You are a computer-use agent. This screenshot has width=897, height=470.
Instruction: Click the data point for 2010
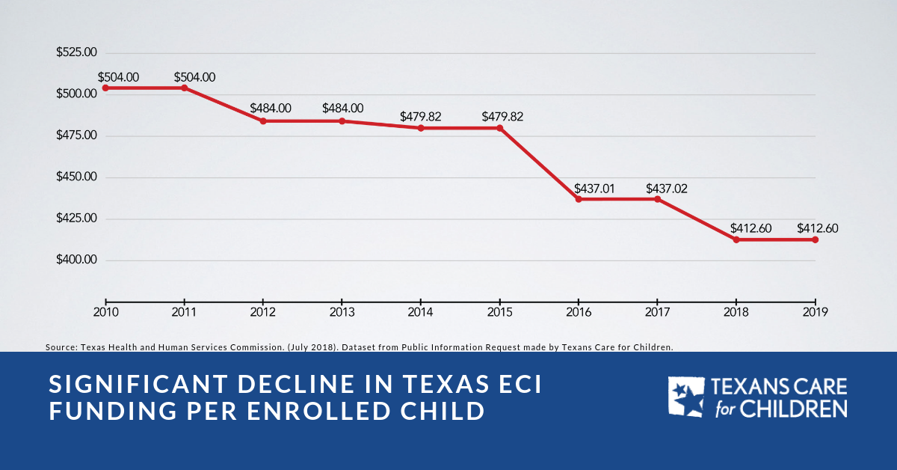click(x=105, y=88)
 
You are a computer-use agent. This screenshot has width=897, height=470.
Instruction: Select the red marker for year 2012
click(x=263, y=121)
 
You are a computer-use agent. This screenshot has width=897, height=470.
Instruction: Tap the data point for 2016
click(x=579, y=199)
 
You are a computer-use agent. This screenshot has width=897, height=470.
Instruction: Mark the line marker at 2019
click(x=815, y=239)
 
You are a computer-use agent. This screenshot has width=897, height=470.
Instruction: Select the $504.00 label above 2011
click(x=194, y=77)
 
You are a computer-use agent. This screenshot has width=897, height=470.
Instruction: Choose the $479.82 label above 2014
click(x=420, y=117)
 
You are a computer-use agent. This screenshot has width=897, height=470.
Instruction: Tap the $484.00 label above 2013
click(x=343, y=109)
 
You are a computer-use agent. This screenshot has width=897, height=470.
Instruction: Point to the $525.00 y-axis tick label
click(x=76, y=53)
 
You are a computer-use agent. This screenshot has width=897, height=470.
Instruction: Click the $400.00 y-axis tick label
click(x=76, y=260)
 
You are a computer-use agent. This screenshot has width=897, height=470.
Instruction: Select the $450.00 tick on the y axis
click(x=76, y=177)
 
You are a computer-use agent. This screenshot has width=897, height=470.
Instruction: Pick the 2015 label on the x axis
click(x=499, y=312)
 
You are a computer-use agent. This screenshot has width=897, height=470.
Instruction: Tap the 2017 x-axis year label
click(x=657, y=312)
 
